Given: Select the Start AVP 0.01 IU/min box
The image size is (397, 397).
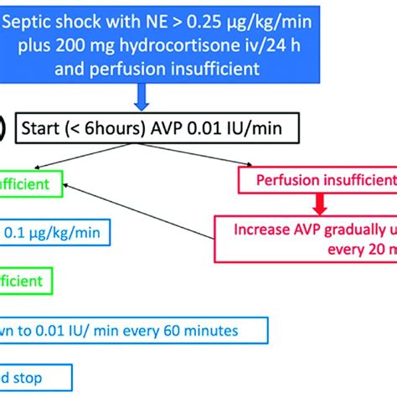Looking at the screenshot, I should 168,128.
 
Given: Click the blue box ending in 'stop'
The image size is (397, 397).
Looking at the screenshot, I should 34,376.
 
